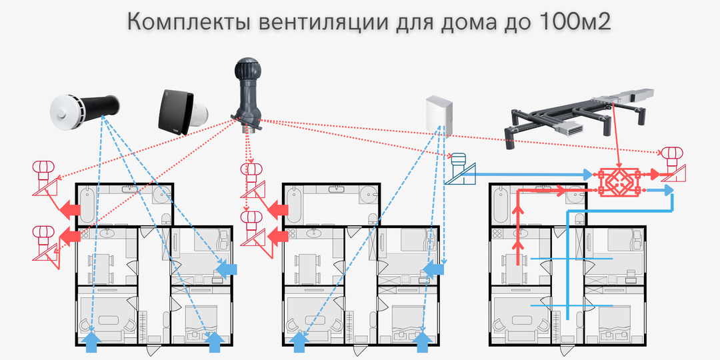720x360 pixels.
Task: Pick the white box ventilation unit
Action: point(439,113)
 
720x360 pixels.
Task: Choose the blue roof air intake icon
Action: point(459,171)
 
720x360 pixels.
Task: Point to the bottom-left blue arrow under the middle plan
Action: point(301,341)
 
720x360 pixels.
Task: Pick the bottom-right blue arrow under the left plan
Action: point(215,341)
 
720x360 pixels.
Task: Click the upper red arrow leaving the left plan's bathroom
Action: point(67,210)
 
